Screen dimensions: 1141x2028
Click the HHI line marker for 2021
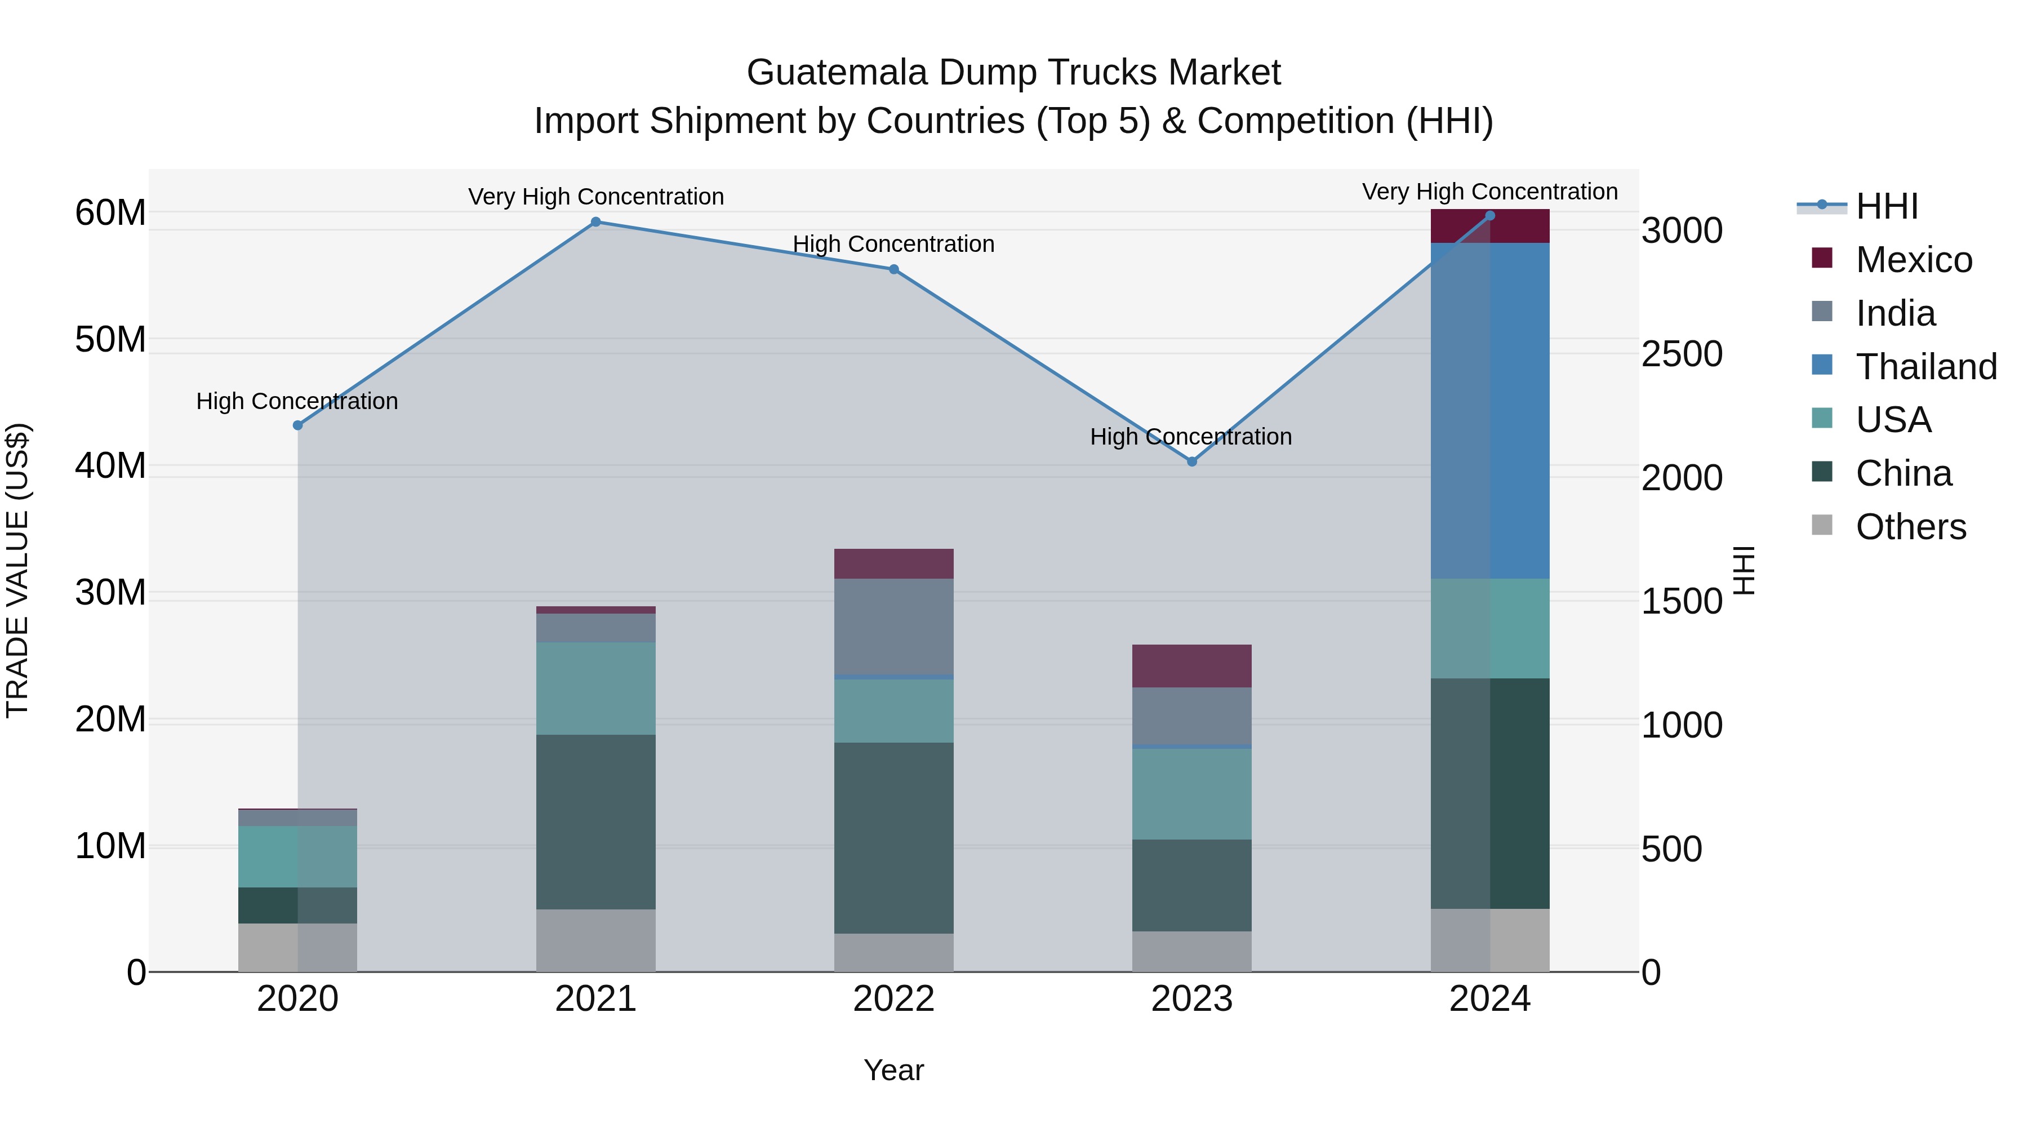tap(596, 222)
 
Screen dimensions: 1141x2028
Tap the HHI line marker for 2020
tap(297, 425)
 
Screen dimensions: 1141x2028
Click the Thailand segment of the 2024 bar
tap(1489, 411)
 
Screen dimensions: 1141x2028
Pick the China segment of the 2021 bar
tap(596, 822)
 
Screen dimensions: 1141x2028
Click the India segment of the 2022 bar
tap(893, 627)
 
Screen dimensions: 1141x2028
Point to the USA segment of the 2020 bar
tap(297, 856)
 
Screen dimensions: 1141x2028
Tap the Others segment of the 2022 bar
tap(893, 953)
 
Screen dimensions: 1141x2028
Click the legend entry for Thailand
tap(1925, 367)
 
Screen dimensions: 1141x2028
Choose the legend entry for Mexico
tap(1913, 260)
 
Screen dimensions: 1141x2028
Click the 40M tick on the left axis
tap(110, 465)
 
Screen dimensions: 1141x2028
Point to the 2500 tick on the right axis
tap(1682, 353)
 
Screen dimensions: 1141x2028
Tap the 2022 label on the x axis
tap(893, 999)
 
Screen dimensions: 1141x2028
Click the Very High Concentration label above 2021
tap(596, 196)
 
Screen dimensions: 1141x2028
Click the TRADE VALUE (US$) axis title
tap(17, 570)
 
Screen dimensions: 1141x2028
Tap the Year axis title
tap(893, 1070)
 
